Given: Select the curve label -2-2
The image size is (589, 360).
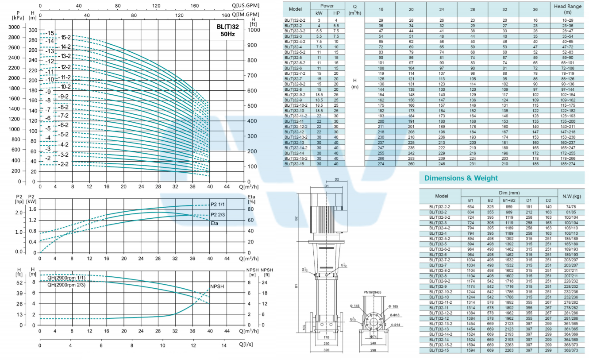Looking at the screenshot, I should point(64,164).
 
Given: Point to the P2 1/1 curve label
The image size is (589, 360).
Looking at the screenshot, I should point(218,204).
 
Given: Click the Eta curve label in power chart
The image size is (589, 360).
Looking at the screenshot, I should point(214,223).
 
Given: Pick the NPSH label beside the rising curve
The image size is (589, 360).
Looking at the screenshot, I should point(217,286).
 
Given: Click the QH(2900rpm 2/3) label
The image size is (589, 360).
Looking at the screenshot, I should point(66,285).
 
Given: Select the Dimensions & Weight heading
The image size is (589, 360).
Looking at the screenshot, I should point(461,178).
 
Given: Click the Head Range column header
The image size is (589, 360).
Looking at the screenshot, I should point(568,9).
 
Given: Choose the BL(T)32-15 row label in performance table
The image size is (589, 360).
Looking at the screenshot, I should point(296,164).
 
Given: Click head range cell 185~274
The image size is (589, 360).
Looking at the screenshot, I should point(568,164).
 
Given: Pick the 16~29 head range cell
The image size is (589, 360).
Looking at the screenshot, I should point(568,21).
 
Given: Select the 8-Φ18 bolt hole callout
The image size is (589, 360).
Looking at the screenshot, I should point(395,314).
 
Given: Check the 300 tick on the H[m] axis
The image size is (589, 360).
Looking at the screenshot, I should point(33,30).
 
